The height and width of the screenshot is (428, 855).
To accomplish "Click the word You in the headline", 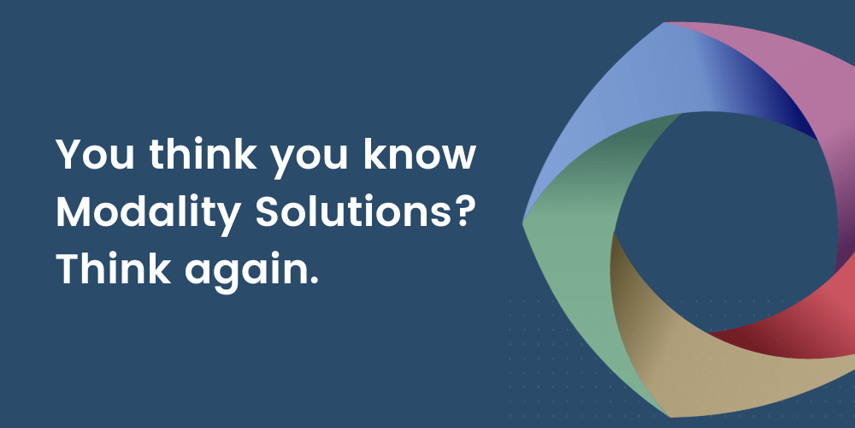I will click(x=89, y=154).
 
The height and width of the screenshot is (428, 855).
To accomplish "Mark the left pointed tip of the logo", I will click(x=525, y=223).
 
